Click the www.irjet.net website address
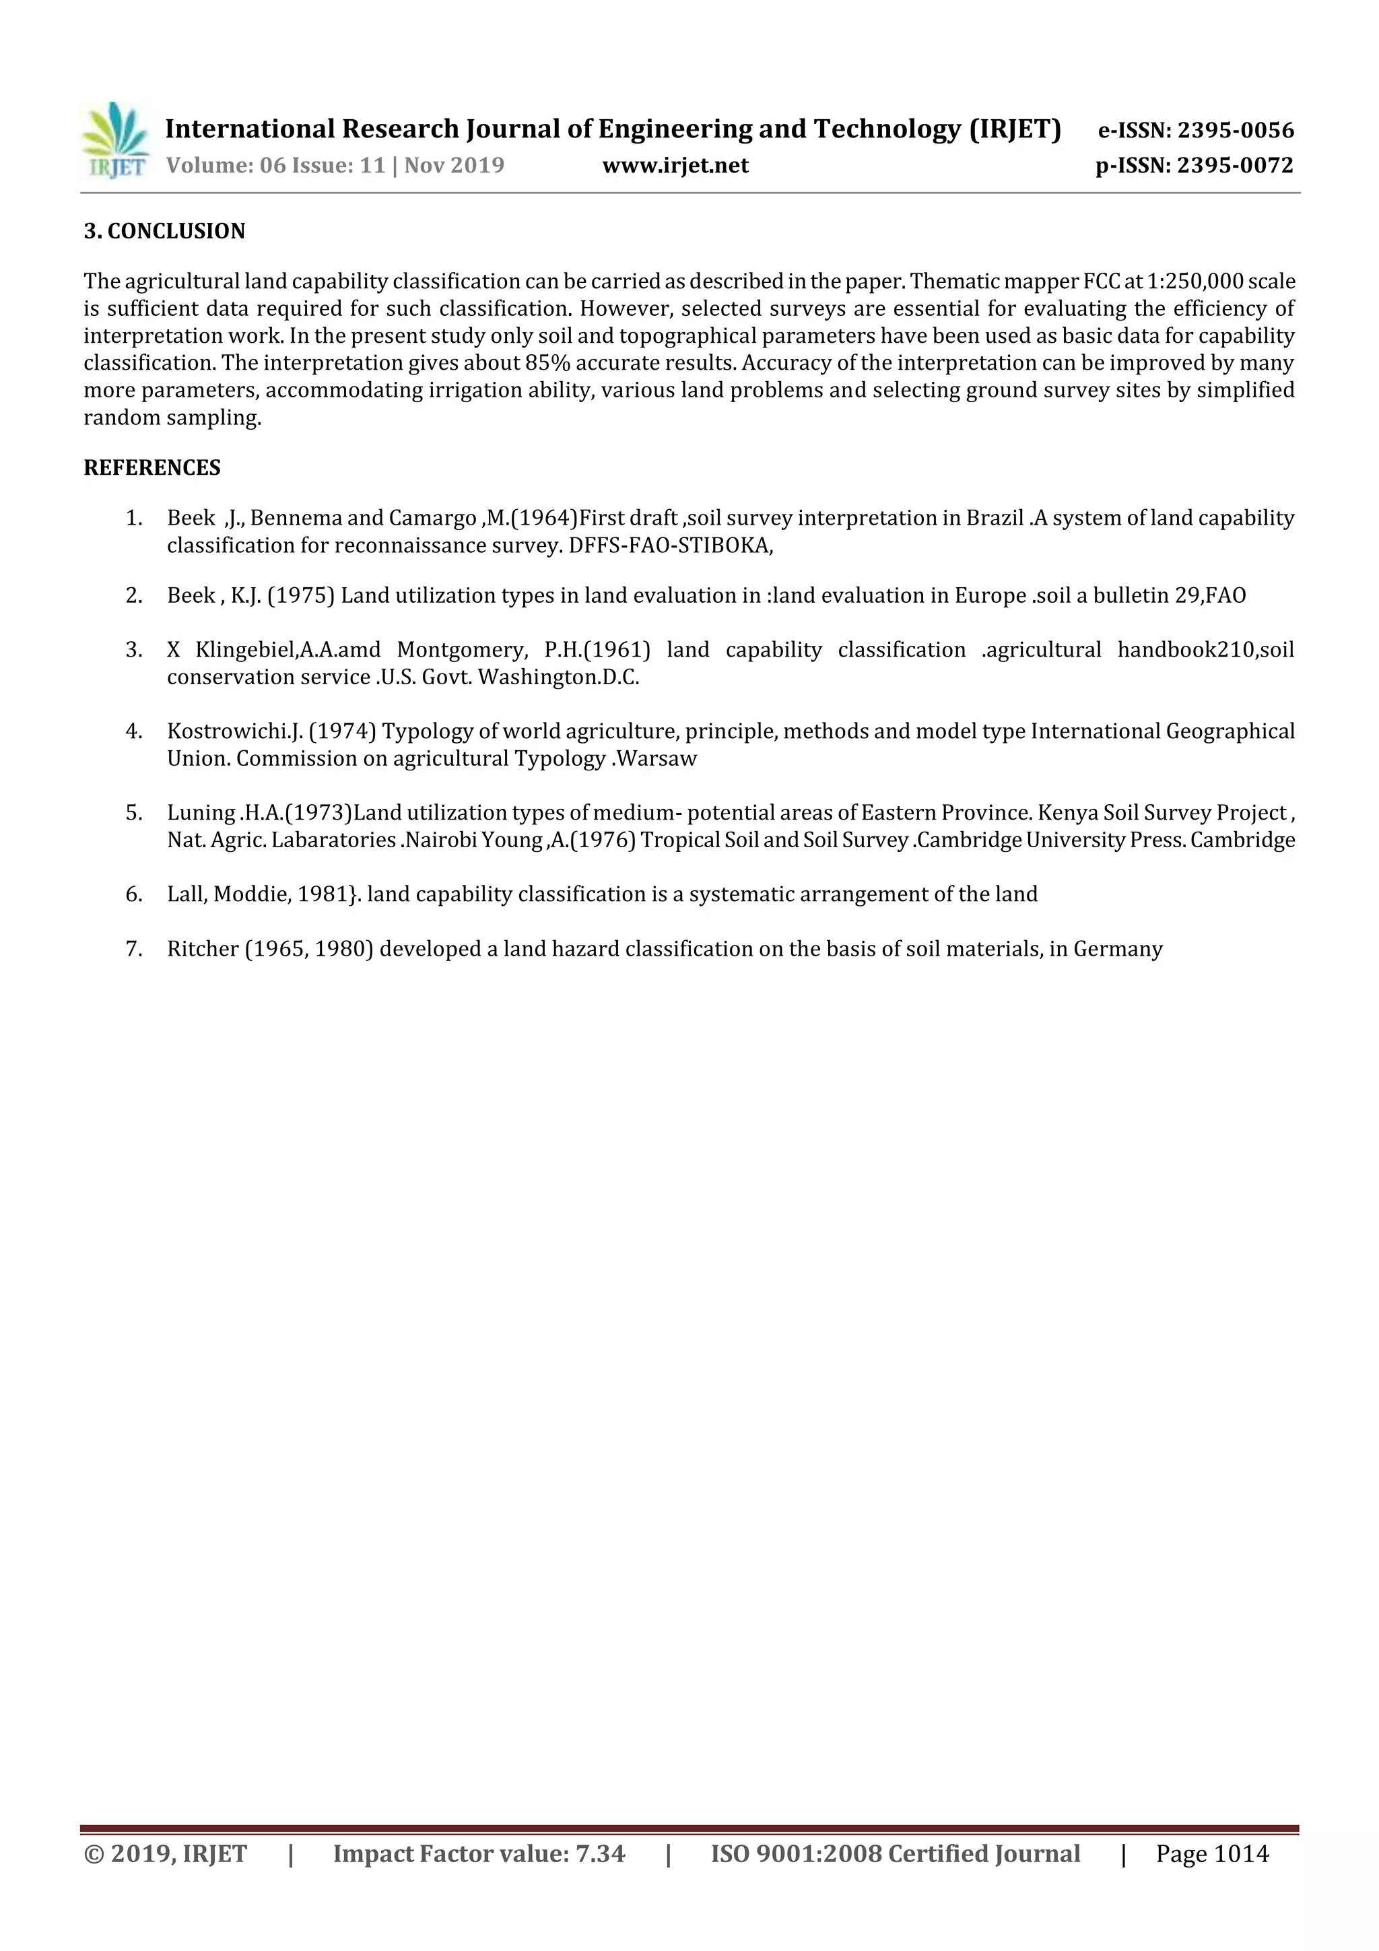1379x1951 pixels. coord(675,166)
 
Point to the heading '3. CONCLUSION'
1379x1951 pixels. coord(164,231)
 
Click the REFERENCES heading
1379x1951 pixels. coord(152,467)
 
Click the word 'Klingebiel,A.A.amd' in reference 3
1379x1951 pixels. coord(288,650)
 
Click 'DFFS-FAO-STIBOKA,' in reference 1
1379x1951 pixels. coord(671,545)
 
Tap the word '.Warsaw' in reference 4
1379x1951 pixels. coord(654,759)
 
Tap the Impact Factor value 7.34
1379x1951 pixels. coord(600,1853)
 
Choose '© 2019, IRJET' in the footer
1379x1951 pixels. coord(166,1853)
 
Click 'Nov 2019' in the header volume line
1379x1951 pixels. coord(454,166)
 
